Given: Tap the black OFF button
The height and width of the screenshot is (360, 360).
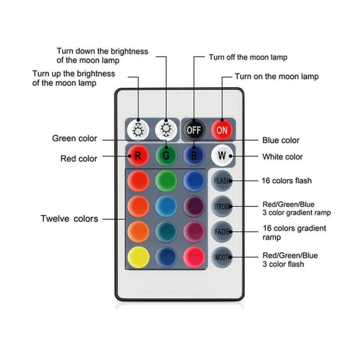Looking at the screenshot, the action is (194, 130).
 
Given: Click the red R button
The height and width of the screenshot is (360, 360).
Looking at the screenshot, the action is (138, 156).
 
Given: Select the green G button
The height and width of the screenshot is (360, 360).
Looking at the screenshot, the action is (166, 156).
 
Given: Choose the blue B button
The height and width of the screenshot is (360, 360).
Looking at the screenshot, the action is (194, 156).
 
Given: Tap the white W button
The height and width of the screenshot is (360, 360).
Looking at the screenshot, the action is (222, 156).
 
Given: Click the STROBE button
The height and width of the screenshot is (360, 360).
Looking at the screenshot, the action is (222, 206).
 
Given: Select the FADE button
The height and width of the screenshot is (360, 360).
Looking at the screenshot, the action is (222, 232).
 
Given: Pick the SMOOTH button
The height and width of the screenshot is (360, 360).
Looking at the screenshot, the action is (222, 257).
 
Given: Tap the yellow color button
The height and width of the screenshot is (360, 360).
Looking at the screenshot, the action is (138, 257).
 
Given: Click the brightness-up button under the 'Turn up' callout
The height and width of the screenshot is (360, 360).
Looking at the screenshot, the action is (138, 130).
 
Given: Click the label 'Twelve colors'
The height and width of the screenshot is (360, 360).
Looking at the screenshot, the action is (69, 219).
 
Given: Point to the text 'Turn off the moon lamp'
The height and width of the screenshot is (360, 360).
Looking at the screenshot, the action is (248, 57).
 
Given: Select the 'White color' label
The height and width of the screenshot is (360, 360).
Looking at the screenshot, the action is (283, 157).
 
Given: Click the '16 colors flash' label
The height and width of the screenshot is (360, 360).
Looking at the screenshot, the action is (287, 181).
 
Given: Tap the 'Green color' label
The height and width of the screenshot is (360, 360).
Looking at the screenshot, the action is (75, 139).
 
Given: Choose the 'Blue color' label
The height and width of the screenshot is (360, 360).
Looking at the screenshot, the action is (281, 140).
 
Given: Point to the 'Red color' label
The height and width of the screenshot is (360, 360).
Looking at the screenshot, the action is (79, 159).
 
